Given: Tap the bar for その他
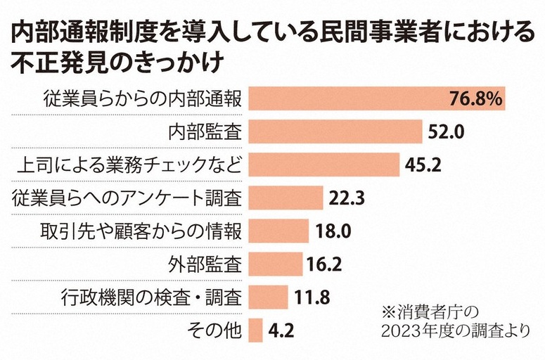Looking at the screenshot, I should (256, 330).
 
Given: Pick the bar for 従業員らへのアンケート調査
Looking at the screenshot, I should (286, 198).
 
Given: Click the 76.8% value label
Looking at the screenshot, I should (475, 99).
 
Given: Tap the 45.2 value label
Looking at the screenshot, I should (423, 165).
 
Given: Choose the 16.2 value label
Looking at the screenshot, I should (323, 264).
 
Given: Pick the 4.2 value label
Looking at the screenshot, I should (281, 330).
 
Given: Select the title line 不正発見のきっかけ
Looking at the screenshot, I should (117, 63).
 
